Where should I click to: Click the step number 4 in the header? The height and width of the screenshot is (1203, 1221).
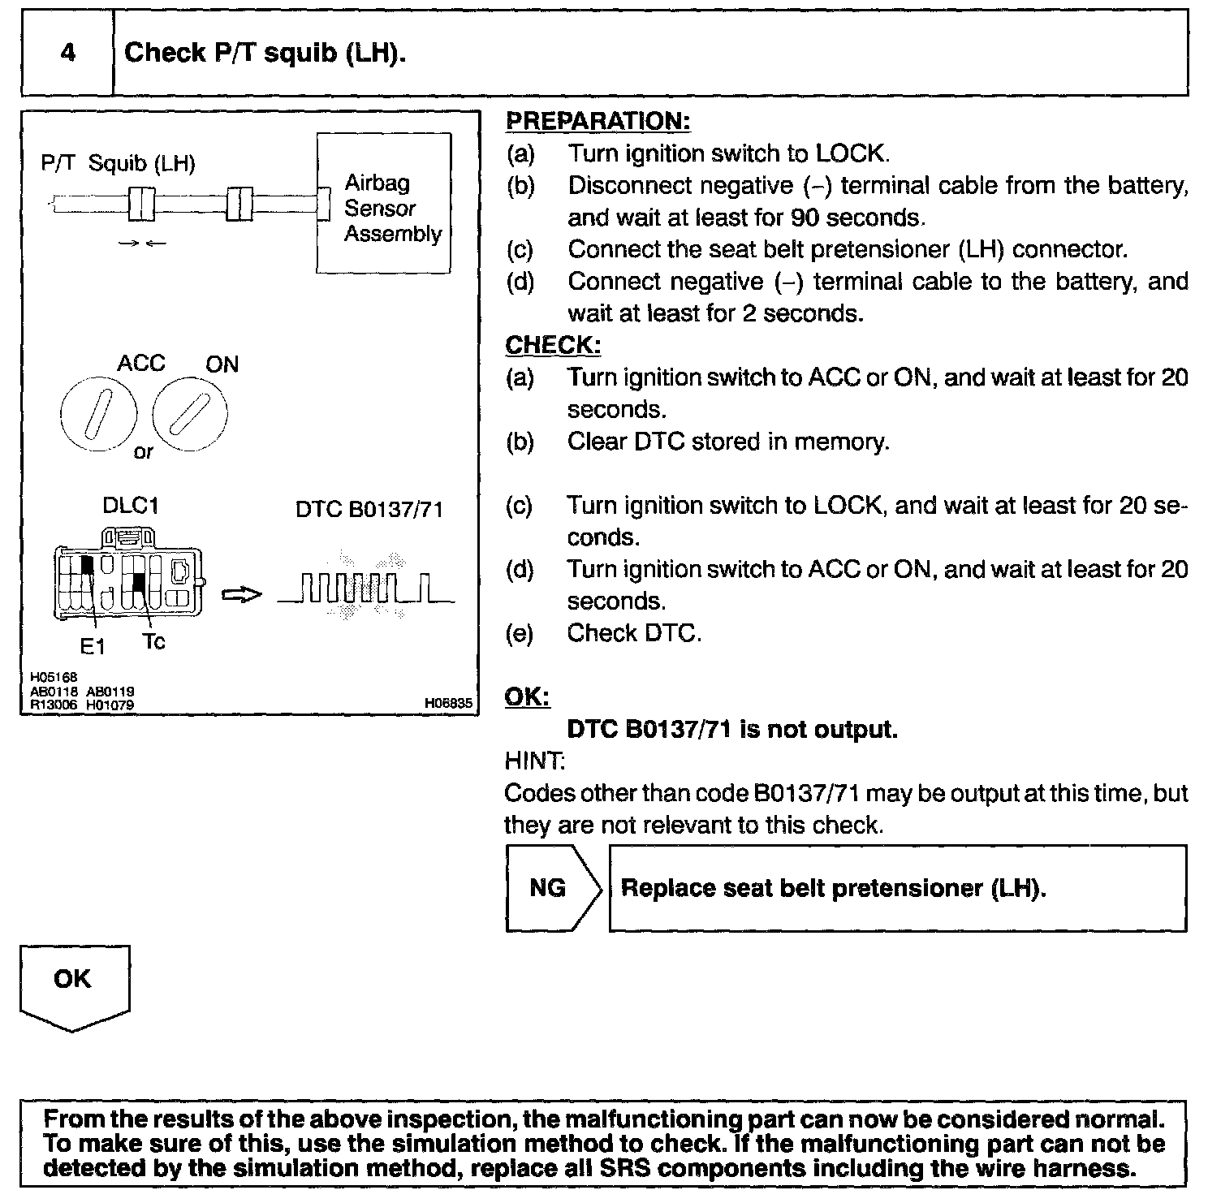[x=68, y=54]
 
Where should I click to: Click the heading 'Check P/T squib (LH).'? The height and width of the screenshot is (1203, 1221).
[x=265, y=54]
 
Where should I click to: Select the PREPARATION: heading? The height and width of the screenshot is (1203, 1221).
[x=598, y=121]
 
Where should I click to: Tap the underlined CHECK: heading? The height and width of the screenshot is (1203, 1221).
[x=553, y=345]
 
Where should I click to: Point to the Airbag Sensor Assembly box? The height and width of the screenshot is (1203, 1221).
[x=383, y=204]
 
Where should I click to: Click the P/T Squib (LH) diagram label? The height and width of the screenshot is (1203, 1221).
[x=118, y=164]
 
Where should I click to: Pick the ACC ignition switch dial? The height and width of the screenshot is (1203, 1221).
[x=98, y=414]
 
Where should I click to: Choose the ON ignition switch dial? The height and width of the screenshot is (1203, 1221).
[x=190, y=414]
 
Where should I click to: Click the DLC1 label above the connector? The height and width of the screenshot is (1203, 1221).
[x=130, y=506]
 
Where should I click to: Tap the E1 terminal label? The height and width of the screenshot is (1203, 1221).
[x=93, y=647]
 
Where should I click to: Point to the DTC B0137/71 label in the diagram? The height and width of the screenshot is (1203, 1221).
[x=369, y=510]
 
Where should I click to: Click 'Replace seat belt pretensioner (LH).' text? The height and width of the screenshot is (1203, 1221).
[x=833, y=887]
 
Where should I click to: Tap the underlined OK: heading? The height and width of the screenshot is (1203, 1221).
[x=527, y=697]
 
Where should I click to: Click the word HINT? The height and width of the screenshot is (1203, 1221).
[x=534, y=761]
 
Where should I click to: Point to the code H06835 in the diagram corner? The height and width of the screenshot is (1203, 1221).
[x=447, y=704]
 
